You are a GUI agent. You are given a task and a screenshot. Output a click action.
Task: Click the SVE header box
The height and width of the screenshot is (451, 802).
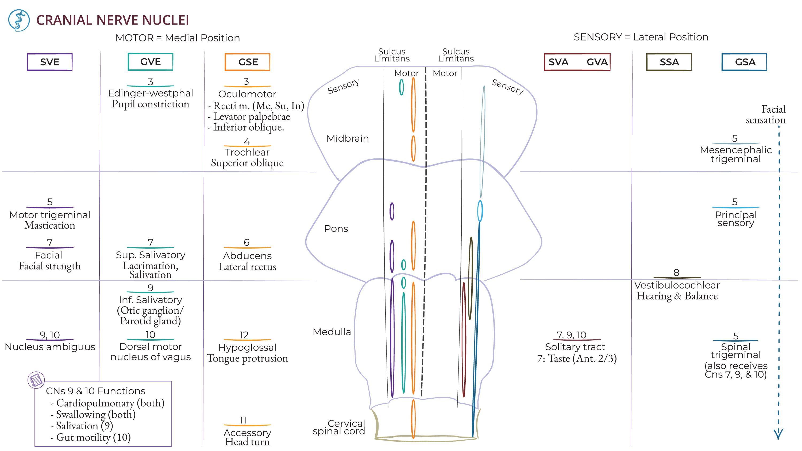click(50, 62)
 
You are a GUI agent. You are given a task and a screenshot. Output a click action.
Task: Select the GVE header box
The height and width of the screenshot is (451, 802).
click(150, 62)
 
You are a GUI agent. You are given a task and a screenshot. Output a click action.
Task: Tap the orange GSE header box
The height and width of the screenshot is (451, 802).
click(248, 62)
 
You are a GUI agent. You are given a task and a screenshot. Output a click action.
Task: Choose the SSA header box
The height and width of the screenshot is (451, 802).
click(669, 62)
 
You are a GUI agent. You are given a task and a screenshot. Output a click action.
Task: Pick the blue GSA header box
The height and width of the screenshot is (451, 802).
click(745, 62)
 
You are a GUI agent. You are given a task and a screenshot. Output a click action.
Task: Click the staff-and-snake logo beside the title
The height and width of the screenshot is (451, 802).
click(19, 20)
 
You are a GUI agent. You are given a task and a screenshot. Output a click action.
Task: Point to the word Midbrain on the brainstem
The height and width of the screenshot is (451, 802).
click(348, 138)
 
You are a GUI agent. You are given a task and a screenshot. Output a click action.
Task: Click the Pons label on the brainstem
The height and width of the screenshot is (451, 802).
click(336, 228)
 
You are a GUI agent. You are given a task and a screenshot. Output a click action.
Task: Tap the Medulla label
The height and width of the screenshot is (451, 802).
click(331, 332)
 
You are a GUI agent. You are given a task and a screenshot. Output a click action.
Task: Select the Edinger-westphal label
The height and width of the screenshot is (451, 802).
click(150, 93)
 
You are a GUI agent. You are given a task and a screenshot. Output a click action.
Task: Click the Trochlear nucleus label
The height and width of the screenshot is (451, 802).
click(247, 152)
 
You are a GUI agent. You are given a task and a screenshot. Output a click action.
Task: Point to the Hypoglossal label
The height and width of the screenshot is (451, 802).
click(247, 347)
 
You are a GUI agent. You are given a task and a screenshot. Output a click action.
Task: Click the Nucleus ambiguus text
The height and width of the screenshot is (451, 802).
click(50, 347)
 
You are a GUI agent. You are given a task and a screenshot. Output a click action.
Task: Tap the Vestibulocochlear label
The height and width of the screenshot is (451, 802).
click(677, 285)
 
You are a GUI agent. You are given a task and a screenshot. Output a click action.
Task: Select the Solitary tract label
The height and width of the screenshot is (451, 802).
click(575, 347)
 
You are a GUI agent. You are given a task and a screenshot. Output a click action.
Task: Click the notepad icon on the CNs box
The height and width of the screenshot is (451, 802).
click(36, 380)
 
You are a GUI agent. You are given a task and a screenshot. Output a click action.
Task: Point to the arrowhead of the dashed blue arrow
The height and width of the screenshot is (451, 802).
click(778, 434)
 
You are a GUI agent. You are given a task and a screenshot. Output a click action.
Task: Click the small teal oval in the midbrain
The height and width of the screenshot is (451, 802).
click(401, 87)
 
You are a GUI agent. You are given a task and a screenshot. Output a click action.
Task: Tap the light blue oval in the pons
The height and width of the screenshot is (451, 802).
click(480, 211)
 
